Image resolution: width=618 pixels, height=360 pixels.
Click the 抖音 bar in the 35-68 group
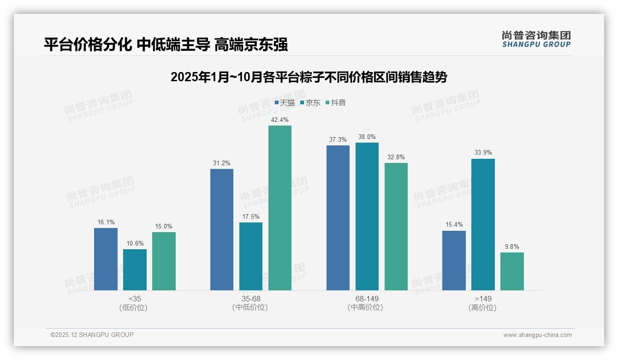pos(280,208)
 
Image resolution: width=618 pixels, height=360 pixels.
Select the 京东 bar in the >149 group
pos(483,224)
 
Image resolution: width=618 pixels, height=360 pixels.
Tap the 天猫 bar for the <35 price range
pos(106,259)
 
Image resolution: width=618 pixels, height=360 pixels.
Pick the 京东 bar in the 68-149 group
pos(367,216)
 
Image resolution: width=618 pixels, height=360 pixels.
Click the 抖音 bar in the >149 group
pos(512,271)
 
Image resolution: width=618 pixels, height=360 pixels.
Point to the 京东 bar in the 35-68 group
pos(251,256)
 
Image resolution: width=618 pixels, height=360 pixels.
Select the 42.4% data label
pos(280,120)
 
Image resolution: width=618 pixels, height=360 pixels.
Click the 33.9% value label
pos(483,153)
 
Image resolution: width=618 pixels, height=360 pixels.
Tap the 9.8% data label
pos(512,247)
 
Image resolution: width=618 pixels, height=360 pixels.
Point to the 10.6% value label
pos(135,244)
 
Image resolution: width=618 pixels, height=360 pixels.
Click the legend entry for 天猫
pos(285,103)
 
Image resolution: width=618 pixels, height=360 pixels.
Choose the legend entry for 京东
pos(310,103)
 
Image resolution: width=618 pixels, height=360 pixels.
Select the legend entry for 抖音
pos(336,103)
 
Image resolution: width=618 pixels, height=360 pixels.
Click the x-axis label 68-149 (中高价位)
pos(367,303)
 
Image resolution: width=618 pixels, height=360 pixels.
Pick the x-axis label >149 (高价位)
pos(482,303)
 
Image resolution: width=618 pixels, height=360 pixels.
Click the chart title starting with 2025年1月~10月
pos(309,77)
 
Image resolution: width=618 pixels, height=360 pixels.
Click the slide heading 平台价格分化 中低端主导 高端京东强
pos(166,44)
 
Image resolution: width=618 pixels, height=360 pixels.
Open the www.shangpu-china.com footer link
pos(537,335)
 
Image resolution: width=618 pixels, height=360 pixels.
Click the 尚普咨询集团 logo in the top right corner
pos(536,39)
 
